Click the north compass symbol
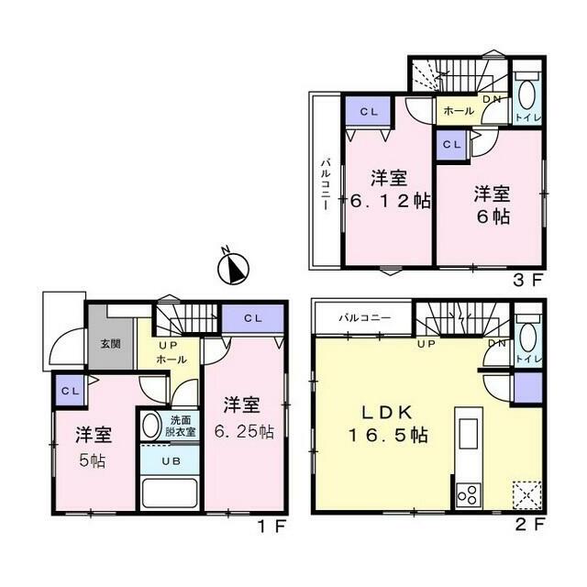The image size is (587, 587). pyautogui.click(x=233, y=267)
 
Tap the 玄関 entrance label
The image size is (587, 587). pyautogui.click(x=110, y=344)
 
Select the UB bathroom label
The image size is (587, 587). pyautogui.click(x=172, y=461)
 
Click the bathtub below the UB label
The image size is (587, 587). pyautogui.click(x=170, y=493)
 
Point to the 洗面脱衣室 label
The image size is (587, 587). pyautogui.click(x=180, y=426)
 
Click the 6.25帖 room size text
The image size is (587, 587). pyautogui.click(x=244, y=432)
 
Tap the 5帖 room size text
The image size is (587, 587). pyautogui.click(x=92, y=460)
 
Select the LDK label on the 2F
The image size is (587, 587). pyautogui.click(x=387, y=413)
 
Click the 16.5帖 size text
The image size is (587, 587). pyautogui.click(x=388, y=436)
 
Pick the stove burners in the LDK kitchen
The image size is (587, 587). pyautogui.click(x=469, y=494)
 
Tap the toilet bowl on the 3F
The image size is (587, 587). pyautogui.click(x=526, y=95)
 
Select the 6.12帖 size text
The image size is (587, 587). pyautogui.click(x=389, y=202)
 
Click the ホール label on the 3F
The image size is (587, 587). pyautogui.click(x=459, y=111)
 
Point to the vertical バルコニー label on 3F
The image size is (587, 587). pyautogui.click(x=326, y=184)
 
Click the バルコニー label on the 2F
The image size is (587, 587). pyautogui.click(x=365, y=318)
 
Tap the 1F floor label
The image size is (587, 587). pyautogui.click(x=272, y=526)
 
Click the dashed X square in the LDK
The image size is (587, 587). pyautogui.click(x=526, y=494)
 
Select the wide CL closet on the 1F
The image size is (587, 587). pyautogui.click(x=252, y=318)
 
